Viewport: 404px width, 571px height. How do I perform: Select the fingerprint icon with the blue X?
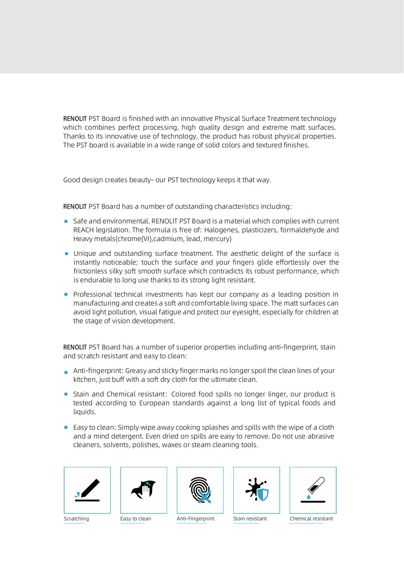200,490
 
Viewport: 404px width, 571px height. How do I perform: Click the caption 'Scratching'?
76,519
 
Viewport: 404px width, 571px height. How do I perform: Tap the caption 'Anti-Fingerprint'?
195,519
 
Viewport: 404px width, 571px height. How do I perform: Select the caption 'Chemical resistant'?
311,519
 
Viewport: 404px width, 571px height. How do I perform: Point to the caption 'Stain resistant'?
250,519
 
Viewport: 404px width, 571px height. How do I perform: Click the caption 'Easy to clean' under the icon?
136,519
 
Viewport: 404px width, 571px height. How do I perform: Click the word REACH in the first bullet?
84,230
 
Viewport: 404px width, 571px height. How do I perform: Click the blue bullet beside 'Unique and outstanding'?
66,254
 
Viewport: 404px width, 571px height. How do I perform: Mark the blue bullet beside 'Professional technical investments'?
66,295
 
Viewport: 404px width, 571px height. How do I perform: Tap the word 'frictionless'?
90,271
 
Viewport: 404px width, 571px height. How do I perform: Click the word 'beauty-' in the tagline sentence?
141,180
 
